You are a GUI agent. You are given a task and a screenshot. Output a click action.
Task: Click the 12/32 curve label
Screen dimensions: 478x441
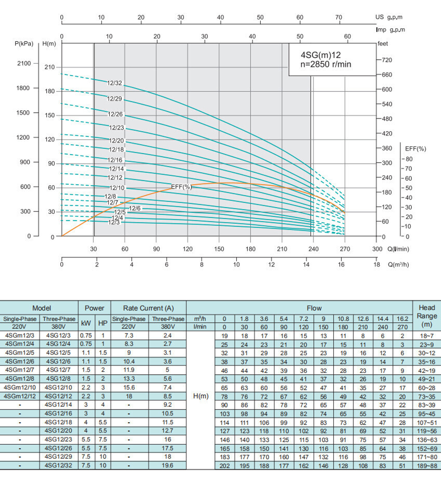115,83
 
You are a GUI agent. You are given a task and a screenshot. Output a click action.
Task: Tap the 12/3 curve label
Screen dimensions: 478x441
114,222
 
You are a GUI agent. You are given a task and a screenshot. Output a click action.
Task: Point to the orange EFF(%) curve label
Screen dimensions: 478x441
181,187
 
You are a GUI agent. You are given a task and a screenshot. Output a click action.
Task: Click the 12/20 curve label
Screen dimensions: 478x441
117,141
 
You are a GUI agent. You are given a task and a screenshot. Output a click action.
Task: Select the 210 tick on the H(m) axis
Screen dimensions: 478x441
49,68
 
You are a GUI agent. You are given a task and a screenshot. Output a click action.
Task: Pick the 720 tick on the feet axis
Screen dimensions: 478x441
386,60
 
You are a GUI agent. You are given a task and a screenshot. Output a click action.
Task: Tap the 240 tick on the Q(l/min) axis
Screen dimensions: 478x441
313,249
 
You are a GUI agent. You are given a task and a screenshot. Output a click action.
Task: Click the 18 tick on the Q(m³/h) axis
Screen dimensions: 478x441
376,265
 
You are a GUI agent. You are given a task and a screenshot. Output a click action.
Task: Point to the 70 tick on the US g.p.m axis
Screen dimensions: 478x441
339,17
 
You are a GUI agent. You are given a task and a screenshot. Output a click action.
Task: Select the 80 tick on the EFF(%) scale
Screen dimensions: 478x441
409,159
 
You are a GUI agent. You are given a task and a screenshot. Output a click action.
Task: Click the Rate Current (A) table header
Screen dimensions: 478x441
148,308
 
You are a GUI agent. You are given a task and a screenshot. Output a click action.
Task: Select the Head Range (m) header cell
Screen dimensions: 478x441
426,316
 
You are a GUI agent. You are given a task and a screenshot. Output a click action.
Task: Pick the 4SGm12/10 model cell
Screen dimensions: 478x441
20,387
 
